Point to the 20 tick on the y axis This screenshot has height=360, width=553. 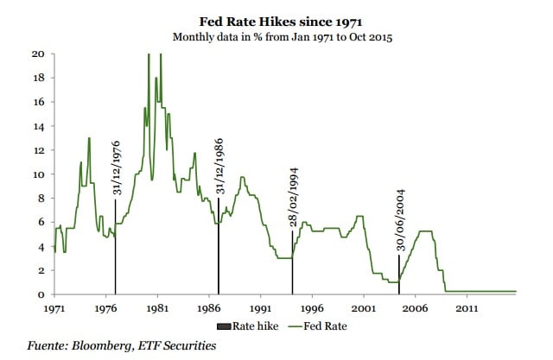38,54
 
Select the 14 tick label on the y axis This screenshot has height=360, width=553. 38,126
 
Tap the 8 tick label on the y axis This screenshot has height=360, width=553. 41,199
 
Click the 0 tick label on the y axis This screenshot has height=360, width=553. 41,295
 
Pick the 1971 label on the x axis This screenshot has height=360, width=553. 54,307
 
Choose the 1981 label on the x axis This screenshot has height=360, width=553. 157,307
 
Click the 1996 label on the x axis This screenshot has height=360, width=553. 312,307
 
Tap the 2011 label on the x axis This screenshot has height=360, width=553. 467,307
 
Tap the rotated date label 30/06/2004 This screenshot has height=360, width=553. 400,222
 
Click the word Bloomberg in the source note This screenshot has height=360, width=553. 105,345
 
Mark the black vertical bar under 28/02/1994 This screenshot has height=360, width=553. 293,263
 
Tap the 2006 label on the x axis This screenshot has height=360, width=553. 415,307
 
